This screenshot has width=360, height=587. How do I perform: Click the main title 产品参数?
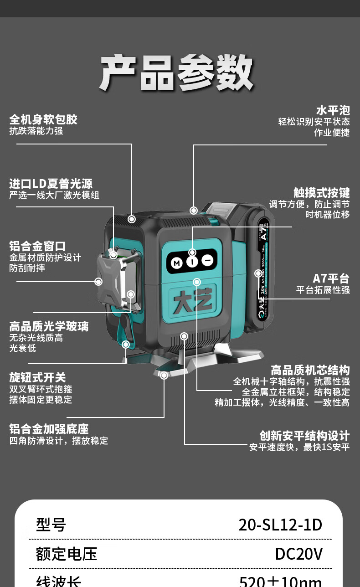click(x=177, y=73)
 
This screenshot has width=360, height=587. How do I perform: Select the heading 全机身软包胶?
click(x=43, y=119)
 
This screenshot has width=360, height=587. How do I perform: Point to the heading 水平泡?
click(x=333, y=110)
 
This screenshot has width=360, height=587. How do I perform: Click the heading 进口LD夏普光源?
click(x=51, y=184)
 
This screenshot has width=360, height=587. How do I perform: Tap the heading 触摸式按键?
click(x=321, y=192)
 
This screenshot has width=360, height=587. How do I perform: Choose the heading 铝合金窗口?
click(x=37, y=246)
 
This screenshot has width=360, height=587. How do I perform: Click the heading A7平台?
click(x=331, y=278)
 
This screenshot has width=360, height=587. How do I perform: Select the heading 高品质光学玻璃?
click(x=49, y=326)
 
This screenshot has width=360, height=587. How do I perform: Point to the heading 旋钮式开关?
click(x=37, y=377)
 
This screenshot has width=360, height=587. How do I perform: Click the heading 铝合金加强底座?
click(x=49, y=429)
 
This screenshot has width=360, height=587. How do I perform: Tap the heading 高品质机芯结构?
click(x=310, y=370)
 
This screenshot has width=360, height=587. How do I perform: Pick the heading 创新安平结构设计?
click(x=304, y=435)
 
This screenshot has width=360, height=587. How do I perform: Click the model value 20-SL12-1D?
click(x=280, y=525)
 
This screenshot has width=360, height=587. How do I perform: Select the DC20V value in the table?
click(x=298, y=554)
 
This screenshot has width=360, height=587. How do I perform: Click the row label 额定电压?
click(x=67, y=554)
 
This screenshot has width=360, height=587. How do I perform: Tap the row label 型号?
click(x=51, y=525)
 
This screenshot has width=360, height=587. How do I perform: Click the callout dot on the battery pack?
click(x=258, y=273)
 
